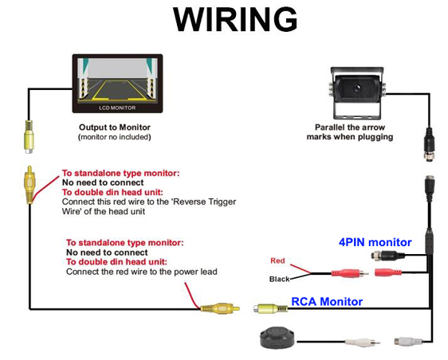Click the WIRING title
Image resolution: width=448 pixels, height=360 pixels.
235,19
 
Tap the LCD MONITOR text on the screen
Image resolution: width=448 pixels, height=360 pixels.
117,108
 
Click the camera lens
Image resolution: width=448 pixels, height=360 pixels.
356,88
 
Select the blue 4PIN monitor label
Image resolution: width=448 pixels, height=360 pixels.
375,242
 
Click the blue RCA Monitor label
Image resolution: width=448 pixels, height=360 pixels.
327,302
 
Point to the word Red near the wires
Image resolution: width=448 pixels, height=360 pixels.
277,260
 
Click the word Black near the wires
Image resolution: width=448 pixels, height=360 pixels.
280,279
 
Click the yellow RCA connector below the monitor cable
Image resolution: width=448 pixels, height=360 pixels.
29,136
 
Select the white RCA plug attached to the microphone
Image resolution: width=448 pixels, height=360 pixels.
362,342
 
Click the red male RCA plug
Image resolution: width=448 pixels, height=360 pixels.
350,273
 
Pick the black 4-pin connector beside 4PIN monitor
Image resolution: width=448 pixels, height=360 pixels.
387,255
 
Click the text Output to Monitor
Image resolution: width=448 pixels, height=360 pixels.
115,127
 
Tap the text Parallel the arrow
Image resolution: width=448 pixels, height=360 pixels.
350,127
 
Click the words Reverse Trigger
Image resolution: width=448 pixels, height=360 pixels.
205,202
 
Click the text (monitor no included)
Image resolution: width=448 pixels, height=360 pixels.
115,137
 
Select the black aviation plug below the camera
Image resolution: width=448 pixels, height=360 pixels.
429,144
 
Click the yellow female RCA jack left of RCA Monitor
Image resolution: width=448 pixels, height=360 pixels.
270,308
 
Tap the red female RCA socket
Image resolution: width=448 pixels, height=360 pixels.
388,272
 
